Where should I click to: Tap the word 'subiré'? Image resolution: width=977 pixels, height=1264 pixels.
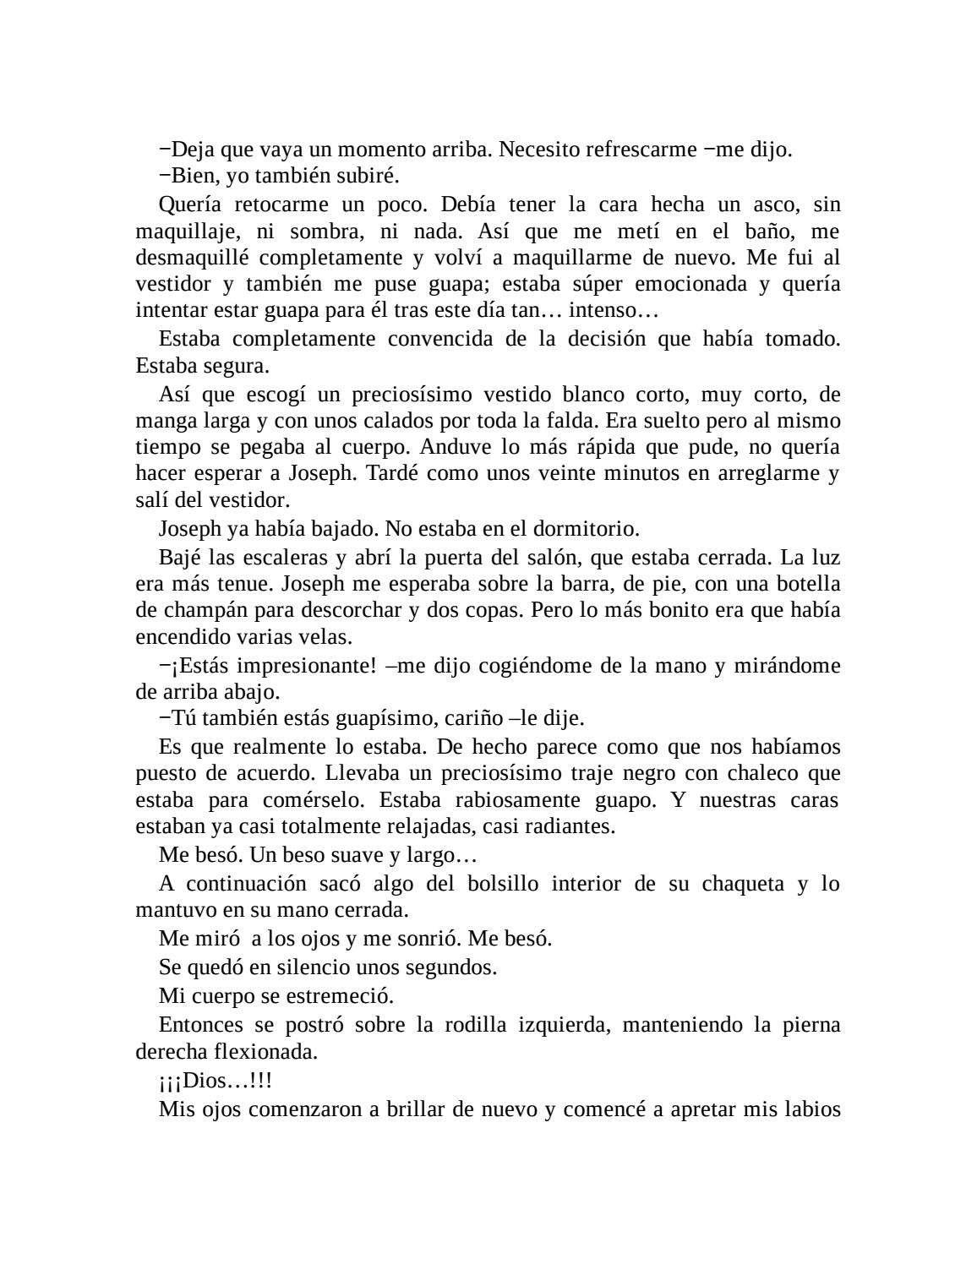tap(368, 177)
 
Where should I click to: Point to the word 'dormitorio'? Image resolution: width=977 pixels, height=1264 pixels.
tap(585, 529)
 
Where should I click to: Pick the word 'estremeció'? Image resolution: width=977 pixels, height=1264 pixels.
tap(343, 996)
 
